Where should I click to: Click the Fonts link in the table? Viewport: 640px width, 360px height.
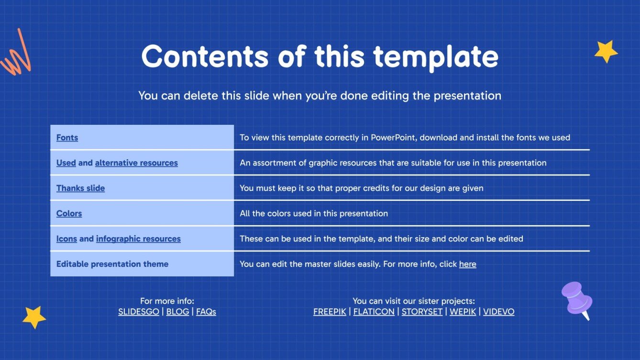(x=67, y=138)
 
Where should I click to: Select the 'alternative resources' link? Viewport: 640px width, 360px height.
(x=136, y=163)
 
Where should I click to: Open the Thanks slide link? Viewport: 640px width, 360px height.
(x=80, y=188)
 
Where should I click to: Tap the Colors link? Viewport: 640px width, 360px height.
(x=69, y=214)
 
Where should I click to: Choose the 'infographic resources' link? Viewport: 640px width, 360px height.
(x=138, y=239)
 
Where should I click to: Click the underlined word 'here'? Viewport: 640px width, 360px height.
(x=468, y=264)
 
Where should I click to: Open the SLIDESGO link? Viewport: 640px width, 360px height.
(x=139, y=311)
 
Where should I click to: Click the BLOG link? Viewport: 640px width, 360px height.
(x=178, y=311)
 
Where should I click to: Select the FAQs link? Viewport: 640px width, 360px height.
(x=206, y=311)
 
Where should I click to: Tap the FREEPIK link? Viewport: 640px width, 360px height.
(x=330, y=311)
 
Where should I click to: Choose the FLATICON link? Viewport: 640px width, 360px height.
(x=374, y=311)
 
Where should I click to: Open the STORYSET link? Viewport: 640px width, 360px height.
(x=422, y=311)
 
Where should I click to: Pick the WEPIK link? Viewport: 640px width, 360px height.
(x=463, y=311)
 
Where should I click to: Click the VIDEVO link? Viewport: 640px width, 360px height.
(x=499, y=311)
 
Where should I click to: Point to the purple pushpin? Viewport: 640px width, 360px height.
(x=576, y=299)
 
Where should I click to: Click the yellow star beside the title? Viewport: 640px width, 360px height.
(x=606, y=51)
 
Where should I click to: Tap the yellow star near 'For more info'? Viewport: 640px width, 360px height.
(x=34, y=317)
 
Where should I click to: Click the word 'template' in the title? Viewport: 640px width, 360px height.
(x=435, y=57)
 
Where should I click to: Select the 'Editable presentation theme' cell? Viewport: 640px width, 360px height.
(x=142, y=264)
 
